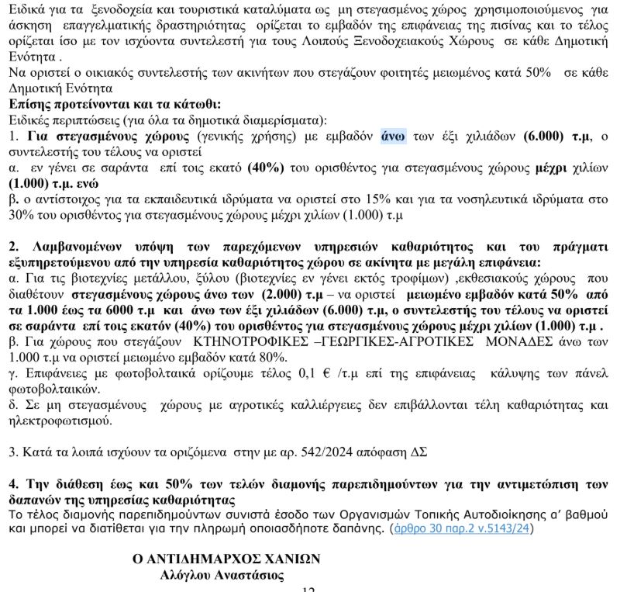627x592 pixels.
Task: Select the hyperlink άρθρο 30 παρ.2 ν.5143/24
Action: pos(462,529)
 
